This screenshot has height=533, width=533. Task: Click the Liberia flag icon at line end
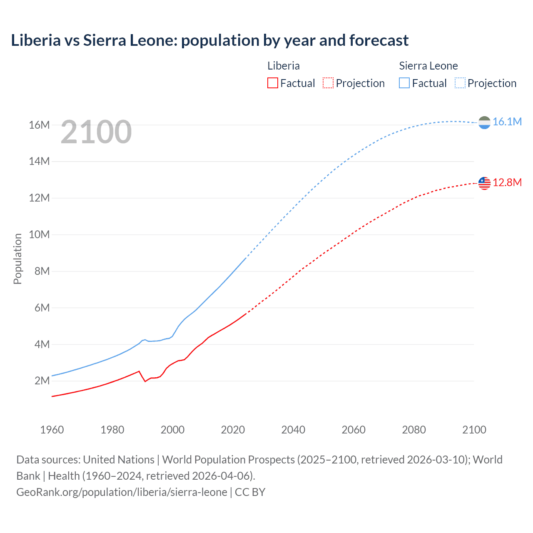[x=484, y=183]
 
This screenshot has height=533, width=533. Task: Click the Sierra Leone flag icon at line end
[x=484, y=122]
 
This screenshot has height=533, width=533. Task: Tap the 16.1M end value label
[x=507, y=122]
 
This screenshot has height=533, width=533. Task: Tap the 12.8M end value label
[x=507, y=183]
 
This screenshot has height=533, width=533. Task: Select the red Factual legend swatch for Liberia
[x=272, y=83]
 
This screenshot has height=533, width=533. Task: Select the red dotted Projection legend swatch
[x=328, y=83]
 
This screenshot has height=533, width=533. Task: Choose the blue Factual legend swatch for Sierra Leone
[x=404, y=83]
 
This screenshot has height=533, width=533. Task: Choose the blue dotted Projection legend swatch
[x=460, y=83]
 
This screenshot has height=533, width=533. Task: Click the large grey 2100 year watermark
[x=96, y=132]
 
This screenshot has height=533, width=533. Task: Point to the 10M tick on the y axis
[x=39, y=234]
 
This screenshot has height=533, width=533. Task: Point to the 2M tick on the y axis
[x=42, y=381]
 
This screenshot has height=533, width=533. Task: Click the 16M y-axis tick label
[x=39, y=125]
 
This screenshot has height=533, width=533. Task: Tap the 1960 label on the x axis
[x=52, y=430]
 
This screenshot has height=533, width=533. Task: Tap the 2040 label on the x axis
[x=293, y=430]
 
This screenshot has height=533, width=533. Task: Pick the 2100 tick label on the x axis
[x=474, y=430]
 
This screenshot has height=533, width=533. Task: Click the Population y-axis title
[x=17, y=259]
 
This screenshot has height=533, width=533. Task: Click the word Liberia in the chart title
[x=36, y=40]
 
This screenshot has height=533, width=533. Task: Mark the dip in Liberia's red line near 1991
[x=145, y=381]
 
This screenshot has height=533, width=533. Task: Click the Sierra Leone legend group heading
[x=428, y=66]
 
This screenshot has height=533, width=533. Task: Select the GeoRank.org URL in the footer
[x=122, y=492]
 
